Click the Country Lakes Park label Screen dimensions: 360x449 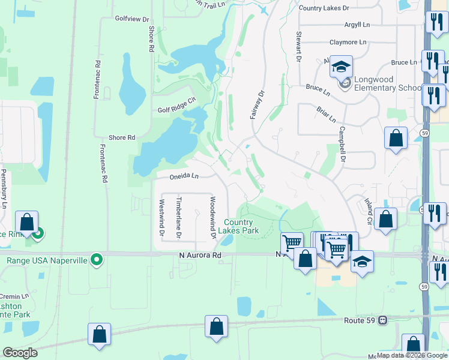(243, 226)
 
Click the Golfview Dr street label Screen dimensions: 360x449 (132, 19)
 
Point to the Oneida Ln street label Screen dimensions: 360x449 (184, 176)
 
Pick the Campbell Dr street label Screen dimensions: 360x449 (343, 144)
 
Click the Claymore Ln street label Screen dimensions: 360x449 (348, 43)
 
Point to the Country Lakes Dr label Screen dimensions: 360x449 (324, 8)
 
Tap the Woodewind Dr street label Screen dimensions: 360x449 (212, 217)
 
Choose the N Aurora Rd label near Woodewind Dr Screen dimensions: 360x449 (200, 255)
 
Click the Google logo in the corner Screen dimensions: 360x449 (20, 352)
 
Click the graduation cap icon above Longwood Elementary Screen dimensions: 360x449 (340, 67)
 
